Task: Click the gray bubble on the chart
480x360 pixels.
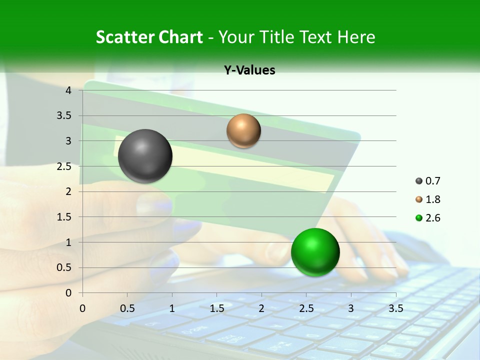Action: coord(145,156)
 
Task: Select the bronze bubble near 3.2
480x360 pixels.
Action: coord(243,130)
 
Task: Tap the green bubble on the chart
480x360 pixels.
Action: coord(315,252)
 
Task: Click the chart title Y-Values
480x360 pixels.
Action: coord(249,70)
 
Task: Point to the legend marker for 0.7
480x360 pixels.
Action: coord(419,181)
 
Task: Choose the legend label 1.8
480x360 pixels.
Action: coord(433,199)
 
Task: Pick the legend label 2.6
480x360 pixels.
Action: coord(433,218)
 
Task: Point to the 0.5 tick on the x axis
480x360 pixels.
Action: coord(127,307)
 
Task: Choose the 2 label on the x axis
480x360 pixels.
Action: coord(261,307)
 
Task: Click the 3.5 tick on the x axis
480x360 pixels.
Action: coord(395,307)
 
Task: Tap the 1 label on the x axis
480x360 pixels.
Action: coord(172,307)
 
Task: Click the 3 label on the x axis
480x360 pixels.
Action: coord(351,307)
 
